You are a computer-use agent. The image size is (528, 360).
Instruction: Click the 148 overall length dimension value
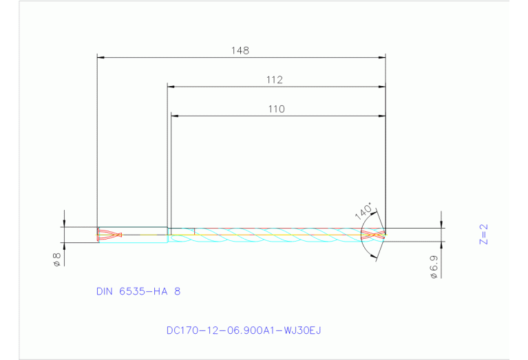click(x=240, y=50)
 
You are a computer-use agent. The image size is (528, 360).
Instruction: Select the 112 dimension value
click(x=275, y=80)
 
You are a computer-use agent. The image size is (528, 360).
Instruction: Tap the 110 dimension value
click(x=276, y=109)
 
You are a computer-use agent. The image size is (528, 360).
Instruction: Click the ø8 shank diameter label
click(x=57, y=260)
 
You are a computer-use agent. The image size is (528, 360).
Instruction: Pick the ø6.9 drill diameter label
click(x=434, y=266)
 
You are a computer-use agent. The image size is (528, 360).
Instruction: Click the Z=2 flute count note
click(x=483, y=234)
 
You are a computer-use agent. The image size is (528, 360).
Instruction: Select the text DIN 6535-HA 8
click(x=138, y=291)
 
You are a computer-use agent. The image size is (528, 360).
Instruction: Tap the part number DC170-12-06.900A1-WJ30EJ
click(x=244, y=330)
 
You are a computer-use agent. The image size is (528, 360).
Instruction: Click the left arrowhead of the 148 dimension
click(x=101, y=57)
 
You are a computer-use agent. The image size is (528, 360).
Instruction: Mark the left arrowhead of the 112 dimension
click(x=172, y=87)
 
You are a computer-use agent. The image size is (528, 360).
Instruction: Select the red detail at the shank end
click(x=109, y=235)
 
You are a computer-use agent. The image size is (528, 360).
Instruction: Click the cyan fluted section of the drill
click(x=275, y=235)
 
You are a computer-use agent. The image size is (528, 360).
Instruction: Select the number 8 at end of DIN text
click(x=177, y=291)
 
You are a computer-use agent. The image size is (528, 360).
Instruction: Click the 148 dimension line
click(x=172, y=57)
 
